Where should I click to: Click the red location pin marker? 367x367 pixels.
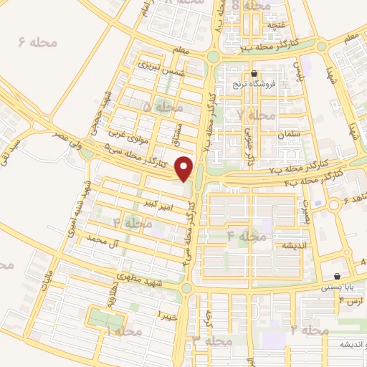point(186,168)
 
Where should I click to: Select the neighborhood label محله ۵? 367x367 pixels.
point(157,106)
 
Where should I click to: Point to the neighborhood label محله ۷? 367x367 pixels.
point(257,115)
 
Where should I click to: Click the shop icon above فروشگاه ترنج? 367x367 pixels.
point(254,73)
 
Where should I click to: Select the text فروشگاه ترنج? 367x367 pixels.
point(247,85)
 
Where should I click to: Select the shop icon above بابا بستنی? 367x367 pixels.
point(338,277)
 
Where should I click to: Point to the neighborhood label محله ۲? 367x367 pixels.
point(309,330)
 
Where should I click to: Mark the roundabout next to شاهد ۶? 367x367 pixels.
point(333,206)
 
